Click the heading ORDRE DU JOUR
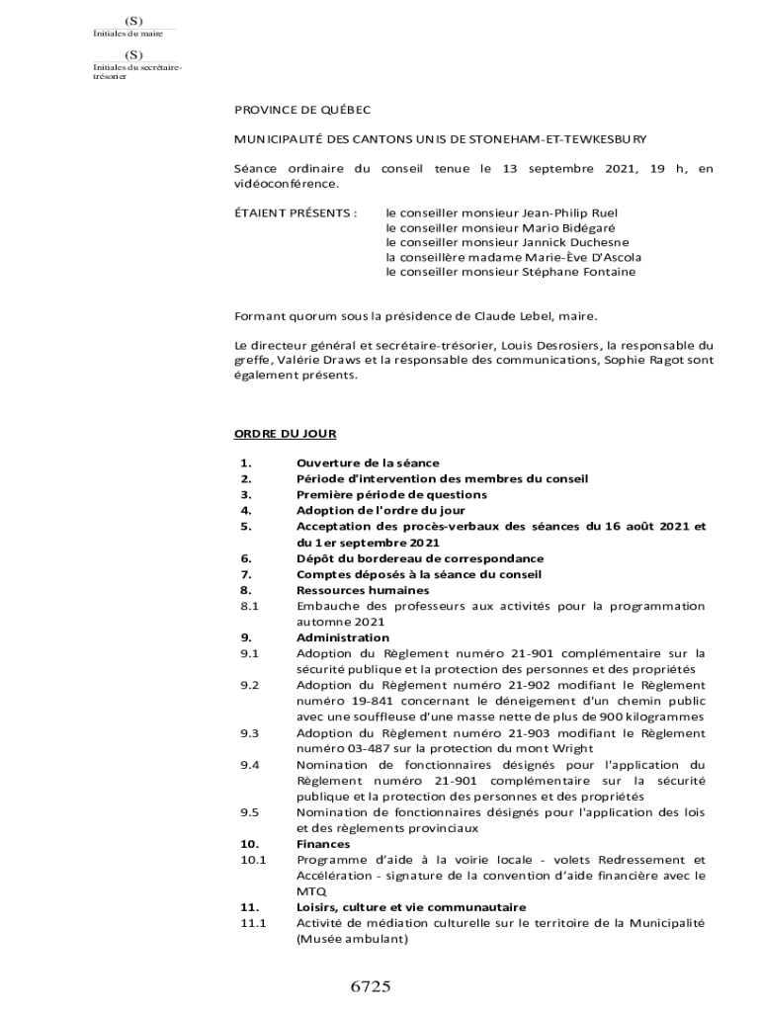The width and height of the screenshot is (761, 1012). pos(285,433)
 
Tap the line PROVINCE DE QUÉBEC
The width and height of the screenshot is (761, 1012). pos(301,111)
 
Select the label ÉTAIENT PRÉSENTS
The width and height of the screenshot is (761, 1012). pos(295,212)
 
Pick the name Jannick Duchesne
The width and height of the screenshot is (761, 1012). pos(582,242)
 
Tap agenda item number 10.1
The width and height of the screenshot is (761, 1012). pos(252,860)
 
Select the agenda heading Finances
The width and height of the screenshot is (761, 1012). pos(323,844)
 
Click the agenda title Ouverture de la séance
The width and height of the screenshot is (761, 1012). pos(368,463)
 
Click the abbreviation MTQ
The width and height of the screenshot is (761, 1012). pos(309,891)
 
